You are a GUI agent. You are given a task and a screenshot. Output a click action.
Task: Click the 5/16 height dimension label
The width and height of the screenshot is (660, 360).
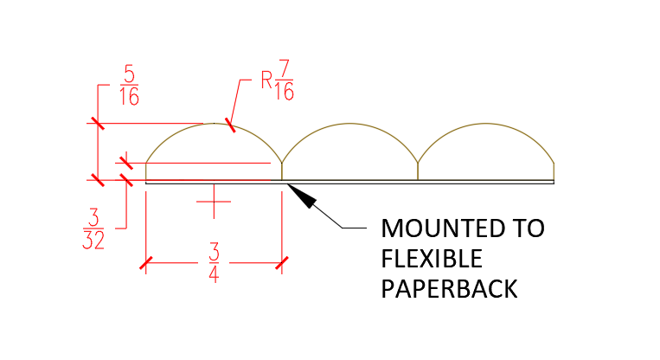129,86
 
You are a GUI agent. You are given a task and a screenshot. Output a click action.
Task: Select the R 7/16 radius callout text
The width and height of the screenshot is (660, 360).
278,80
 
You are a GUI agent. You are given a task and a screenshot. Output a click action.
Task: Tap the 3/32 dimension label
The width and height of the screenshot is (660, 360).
93,229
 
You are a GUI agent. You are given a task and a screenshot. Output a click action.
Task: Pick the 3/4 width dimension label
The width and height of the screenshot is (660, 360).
214,263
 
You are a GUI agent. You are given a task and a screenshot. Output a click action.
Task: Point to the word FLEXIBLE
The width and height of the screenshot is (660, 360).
432,259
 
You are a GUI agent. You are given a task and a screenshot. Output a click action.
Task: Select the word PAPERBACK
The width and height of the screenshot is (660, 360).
449,289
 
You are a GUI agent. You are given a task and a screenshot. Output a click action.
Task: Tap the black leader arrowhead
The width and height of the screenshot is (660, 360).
301,196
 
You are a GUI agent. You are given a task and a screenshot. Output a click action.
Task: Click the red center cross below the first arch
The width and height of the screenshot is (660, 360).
214,202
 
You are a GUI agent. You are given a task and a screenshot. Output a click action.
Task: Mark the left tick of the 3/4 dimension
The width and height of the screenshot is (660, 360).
145,263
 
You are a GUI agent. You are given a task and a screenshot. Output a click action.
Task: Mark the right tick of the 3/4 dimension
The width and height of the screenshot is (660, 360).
282,263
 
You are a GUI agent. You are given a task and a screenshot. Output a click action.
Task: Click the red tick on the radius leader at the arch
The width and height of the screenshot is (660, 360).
230,125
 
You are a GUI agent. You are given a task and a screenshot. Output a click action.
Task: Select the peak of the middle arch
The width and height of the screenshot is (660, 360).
349,124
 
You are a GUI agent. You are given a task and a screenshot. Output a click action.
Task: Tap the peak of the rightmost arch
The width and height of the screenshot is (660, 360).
486,124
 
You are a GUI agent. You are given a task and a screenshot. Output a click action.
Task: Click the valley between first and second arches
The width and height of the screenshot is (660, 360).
282,163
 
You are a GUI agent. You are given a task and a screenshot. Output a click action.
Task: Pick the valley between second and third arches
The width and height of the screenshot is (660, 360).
418,163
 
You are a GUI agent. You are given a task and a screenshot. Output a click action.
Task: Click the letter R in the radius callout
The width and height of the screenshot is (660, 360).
266,80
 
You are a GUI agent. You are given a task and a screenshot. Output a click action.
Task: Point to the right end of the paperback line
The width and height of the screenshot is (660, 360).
554,183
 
